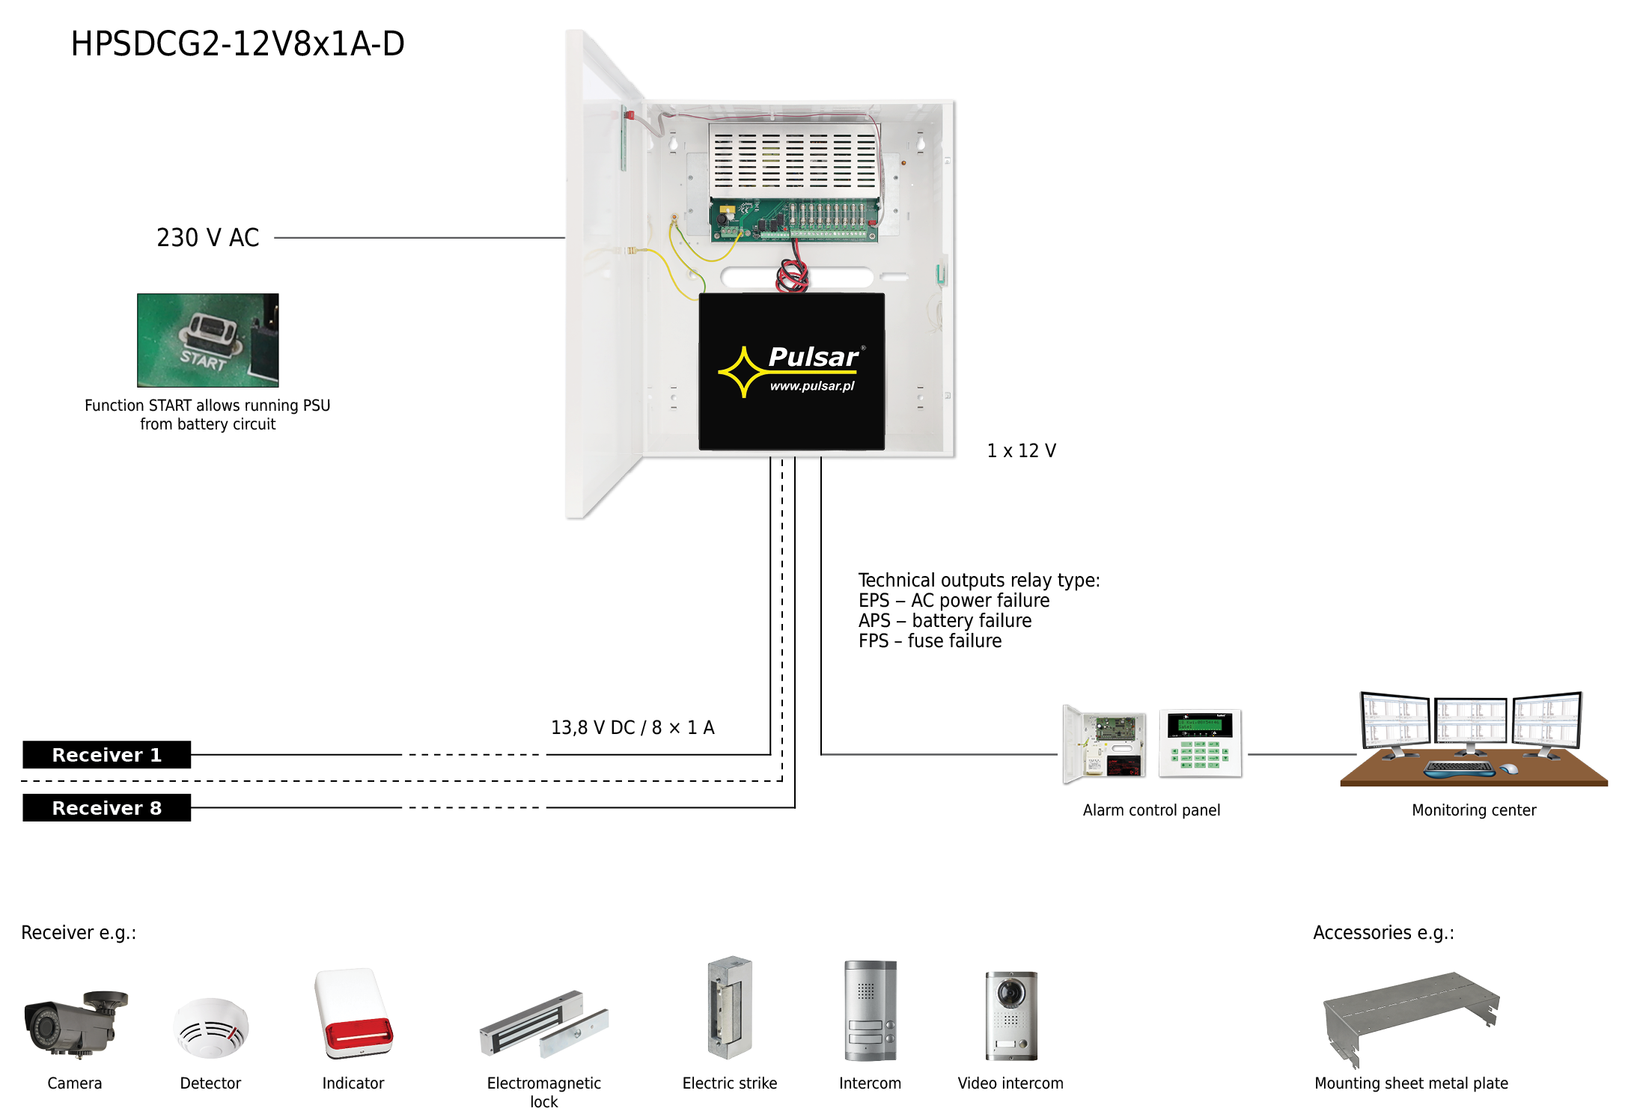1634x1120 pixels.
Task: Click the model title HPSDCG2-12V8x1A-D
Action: click(x=238, y=43)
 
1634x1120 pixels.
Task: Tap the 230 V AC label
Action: click(x=208, y=238)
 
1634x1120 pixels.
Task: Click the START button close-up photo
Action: click(x=208, y=340)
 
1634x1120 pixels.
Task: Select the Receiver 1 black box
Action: click(x=107, y=755)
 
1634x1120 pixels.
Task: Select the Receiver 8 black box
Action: click(x=107, y=808)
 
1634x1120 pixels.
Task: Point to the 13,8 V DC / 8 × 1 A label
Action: click(x=632, y=728)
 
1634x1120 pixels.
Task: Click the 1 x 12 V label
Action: click(x=1022, y=451)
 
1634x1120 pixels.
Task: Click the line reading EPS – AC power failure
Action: click(x=954, y=601)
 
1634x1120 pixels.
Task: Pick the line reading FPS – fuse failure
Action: click(x=930, y=641)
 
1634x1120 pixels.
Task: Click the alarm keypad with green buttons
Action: click(x=1201, y=744)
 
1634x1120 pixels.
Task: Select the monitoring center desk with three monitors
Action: click(x=1473, y=739)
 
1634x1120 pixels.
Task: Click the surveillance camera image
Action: click(x=76, y=1024)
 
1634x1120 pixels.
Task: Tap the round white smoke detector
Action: click(x=211, y=1028)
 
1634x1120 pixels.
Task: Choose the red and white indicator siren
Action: click(x=354, y=1014)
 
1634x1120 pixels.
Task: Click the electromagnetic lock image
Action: click(x=544, y=1024)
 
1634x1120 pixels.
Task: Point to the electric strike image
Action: click(x=730, y=1008)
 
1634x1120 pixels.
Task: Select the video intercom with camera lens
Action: click(x=1011, y=1015)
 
